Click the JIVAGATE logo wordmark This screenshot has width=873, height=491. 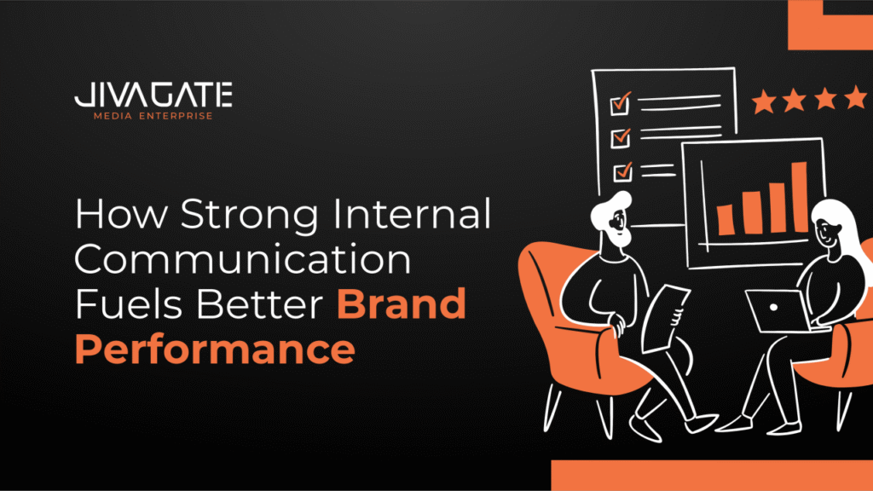(x=153, y=95)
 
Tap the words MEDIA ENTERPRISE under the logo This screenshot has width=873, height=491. (x=153, y=116)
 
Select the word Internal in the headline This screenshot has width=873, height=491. (x=412, y=213)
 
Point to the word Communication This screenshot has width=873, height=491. (x=243, y=259)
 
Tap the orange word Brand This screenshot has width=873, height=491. (x=402, y=304)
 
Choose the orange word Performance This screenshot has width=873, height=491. (x=215, y=349)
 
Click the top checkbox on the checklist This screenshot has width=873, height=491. (x=621, y=103)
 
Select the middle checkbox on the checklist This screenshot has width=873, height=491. (x=621, y=137)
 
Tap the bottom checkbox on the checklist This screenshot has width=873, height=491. (x=623, y=171)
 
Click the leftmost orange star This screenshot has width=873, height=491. (x=763, y=102)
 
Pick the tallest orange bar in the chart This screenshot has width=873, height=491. (x=800, y=197)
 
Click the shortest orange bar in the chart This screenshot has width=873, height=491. (x=726, y=219)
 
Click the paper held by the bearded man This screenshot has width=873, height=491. (x=665, y=319)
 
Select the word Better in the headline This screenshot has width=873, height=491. (x=261, y=304)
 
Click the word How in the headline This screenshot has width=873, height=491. (x=121, y=213)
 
